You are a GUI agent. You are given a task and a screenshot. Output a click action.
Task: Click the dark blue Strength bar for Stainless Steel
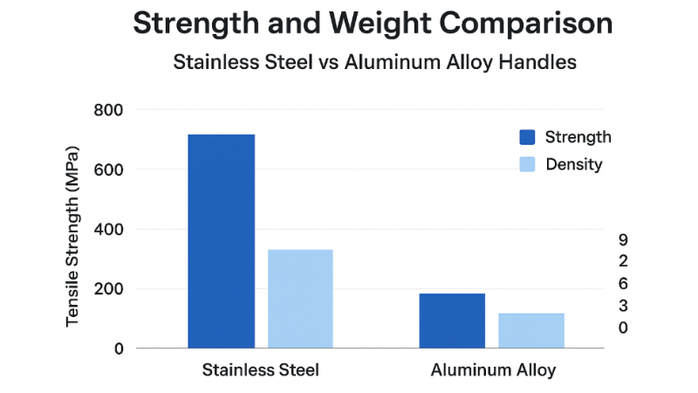click(222, 241)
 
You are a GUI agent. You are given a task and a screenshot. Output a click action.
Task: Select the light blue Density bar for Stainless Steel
click(300, 299)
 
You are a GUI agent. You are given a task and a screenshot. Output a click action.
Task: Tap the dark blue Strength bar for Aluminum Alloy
click(452, 321)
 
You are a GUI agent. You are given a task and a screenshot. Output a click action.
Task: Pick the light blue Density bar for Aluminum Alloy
click(531, 330)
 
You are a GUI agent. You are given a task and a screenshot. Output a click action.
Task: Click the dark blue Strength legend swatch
click(527, 137)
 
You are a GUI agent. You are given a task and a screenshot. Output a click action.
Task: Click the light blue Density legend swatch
click(527, 164)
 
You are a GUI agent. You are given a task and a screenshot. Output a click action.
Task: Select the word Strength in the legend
click(578, 137)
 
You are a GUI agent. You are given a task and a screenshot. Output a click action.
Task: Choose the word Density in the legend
click(573, 164)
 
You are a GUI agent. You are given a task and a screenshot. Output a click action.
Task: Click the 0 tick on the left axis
click(119, 348)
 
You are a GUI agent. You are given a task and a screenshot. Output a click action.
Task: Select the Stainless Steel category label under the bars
click(260, 370)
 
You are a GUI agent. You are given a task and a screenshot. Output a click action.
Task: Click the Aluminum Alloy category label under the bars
click(493, 370)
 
